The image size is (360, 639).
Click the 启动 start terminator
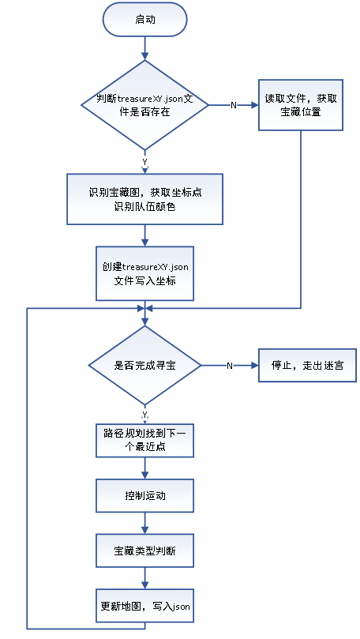click(145, 20)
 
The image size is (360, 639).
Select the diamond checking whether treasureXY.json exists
click(144, 105)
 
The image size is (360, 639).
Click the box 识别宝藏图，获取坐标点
click(144, 198)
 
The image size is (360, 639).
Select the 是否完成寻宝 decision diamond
click(144, 365)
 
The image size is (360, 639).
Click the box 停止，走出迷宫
click(305, 365)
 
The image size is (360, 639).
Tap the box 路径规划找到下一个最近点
click(144, 440)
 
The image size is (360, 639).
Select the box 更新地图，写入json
click(144, 607)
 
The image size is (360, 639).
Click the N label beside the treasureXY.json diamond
click(233, 105)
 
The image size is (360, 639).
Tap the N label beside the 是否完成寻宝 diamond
click(230, 365)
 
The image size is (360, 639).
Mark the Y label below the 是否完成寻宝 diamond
click(144, 414)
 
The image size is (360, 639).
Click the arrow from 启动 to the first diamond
click(144, 50)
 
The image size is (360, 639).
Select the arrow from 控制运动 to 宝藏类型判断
click(144, 524)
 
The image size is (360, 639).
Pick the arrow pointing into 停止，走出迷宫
click(245, 365)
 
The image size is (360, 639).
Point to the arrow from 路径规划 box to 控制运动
click(144, 468)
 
